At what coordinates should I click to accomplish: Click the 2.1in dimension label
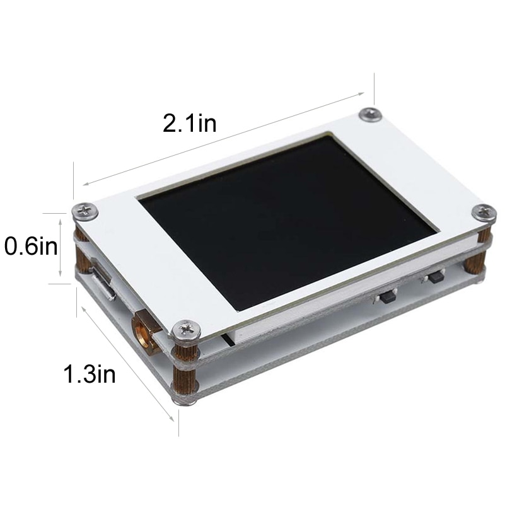click(189, 123)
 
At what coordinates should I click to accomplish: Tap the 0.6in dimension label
click(31, 246)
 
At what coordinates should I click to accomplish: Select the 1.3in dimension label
click(90, 374)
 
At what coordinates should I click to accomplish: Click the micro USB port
click(103, 280)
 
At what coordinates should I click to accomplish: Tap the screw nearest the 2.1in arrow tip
click(371, 114)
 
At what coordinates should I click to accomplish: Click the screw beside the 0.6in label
click(85, 212)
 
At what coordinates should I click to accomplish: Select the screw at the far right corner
click(484, 213)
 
